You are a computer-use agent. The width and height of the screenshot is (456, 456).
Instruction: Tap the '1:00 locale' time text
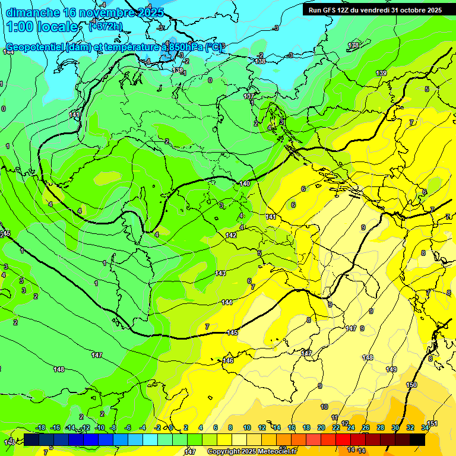(x=42, y=27)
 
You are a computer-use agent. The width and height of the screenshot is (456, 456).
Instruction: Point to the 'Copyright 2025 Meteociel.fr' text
(x=252, y=451)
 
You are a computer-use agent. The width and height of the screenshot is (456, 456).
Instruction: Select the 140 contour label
(x=245, y=183)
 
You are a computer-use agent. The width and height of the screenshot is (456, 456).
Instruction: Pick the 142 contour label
(x=231, y=236)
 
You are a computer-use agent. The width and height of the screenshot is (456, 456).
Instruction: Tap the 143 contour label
(x=220, y=273)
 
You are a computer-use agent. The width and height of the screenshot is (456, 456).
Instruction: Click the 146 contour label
(x=228, y=360)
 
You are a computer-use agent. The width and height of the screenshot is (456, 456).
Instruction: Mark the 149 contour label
(x=391, y=369)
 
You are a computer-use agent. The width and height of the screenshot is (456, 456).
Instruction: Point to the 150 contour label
(x=411, y=385)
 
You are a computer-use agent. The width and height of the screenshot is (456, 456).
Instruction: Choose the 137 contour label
(x=249, y=96)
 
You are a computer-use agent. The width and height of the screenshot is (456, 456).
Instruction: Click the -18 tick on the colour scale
(x=41, y=427)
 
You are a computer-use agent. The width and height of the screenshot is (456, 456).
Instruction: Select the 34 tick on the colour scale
(x=425, y=427)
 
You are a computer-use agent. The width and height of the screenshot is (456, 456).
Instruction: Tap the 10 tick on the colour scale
(x=247, y=427)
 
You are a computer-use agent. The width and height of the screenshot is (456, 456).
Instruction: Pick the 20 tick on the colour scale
(x=321, y=427)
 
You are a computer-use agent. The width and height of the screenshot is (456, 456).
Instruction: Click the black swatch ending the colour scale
(x=417, y=439)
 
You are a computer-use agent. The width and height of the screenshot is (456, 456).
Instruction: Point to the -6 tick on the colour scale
(x=128, y=427)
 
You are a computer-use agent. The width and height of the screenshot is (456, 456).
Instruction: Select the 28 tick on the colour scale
(x=381, y=427)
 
